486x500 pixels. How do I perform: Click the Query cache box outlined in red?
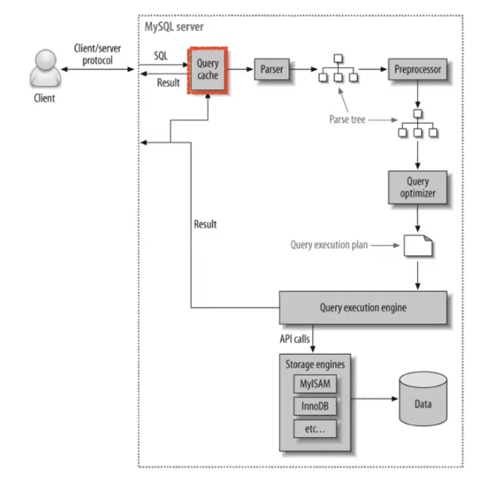208,70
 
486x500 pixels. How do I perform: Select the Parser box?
272,69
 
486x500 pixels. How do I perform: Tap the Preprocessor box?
418,69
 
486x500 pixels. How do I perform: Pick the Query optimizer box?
418,187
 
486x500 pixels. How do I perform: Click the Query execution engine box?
363,308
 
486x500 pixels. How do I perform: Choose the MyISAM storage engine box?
315,384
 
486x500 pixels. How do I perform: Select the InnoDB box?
315,406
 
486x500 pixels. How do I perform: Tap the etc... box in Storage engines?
315,428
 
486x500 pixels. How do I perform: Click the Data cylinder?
423,399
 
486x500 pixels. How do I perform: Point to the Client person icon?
46,68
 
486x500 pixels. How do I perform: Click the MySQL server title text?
174,27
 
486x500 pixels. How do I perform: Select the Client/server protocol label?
97,54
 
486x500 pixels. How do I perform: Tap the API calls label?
295,339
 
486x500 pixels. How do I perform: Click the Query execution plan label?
329,245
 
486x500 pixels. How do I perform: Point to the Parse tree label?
347,119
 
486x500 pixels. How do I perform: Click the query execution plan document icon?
418,245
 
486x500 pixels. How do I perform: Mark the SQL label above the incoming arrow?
161,56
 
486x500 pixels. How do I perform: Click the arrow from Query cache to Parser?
240,69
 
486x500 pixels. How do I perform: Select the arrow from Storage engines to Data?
374,399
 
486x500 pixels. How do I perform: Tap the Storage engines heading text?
315,365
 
